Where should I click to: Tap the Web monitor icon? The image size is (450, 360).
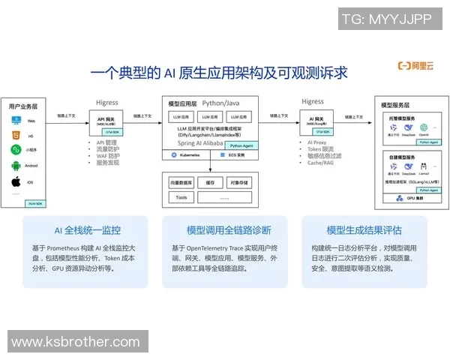click(16, 121)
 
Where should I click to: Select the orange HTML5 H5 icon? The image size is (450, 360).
click(16, 135)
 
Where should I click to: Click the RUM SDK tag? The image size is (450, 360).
click(34, 203)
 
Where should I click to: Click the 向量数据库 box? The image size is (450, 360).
click(181, 182)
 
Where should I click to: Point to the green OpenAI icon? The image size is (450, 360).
click(424, 127)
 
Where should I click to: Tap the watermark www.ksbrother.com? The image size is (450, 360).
click(76, 342)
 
